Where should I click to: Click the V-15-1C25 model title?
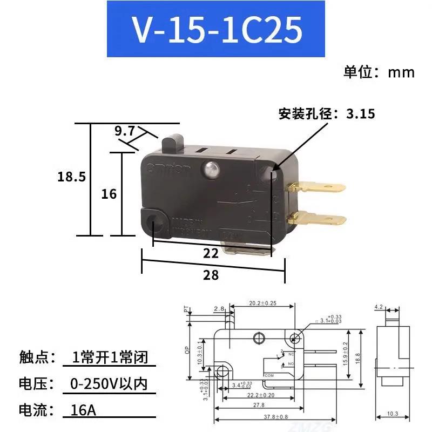point(217,31)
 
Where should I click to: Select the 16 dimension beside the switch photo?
point(109,193)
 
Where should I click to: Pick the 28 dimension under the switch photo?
point(211,275)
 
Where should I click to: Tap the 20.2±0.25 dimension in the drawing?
point(262,303)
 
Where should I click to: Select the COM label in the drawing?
point(269,374)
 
